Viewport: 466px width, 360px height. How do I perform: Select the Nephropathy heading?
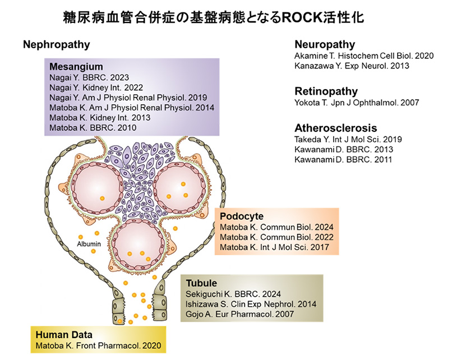coord(56,45)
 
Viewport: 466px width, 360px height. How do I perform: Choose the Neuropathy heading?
coord(325,45)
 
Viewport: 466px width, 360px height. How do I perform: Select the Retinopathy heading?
coord(326,91)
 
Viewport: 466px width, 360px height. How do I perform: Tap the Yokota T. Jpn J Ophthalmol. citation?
coord(357,103)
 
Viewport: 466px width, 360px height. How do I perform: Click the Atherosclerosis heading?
coord(335,128)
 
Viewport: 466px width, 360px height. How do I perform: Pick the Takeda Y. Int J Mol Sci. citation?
coord(348,139)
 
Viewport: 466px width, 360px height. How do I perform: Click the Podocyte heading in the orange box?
coord(242,216)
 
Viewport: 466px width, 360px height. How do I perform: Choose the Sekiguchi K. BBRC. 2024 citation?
coord(233,293)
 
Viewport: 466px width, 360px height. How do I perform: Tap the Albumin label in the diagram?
coord(88,244)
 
